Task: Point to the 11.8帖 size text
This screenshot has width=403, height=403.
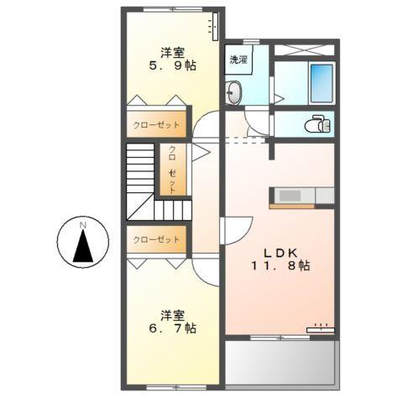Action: [x=280, y=265]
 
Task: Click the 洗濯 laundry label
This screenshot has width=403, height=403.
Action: [x=238, y=60]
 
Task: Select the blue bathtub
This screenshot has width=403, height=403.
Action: [x=320, y=81]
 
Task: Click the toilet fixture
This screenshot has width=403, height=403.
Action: [x=318, y=123]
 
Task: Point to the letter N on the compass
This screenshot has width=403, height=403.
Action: [x=82, y=226]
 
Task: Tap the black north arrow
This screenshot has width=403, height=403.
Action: [x=82, y=249]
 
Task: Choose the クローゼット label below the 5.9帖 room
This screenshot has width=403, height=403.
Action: [x=156, y=124]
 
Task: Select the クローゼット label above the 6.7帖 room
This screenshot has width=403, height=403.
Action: [x=156, y=239]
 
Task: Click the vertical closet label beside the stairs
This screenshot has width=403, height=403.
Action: [x=173, y=168]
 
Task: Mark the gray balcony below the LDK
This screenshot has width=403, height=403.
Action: [x=280, y=363]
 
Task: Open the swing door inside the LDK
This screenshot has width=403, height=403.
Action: [x=235, y=228]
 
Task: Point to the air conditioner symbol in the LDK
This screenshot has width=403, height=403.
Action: [x=319, y=329]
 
